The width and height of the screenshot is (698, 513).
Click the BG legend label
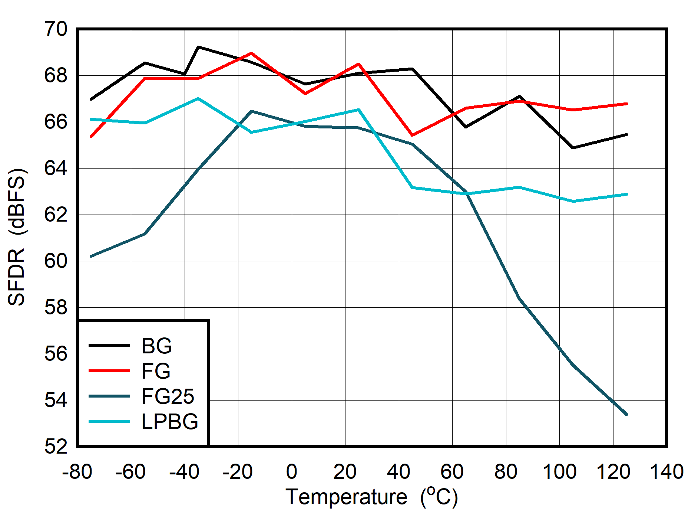[x=156, y=346]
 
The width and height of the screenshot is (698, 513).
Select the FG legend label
[x=156, y=371]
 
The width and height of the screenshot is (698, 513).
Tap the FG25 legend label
[x=168, y=396]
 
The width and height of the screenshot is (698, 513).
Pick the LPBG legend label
[x=170, y=422]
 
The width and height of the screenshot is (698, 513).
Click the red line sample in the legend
[x=109, y=371]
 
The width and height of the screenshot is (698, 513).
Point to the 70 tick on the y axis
[x=56, y=29]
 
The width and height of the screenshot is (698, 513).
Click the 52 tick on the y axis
[x=56, y=447]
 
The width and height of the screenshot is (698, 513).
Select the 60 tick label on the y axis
[x=56, y=261]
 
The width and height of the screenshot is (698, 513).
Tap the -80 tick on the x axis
[x=77, y=472]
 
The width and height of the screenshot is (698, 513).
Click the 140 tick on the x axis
[x=666, y=472]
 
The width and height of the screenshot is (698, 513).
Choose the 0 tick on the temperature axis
[x=292, y=472]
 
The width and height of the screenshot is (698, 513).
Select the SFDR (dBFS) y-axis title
[x=17, y=238]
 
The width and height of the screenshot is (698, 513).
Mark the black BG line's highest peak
[x=198, y=47]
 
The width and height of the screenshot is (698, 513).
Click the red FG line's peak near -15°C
[x=252, y=53]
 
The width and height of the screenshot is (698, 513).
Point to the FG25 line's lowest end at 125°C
[x=626, y=414]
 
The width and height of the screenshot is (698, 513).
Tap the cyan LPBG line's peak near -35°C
[x=198, y=98]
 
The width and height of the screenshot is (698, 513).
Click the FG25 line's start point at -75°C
[x=91, y=256]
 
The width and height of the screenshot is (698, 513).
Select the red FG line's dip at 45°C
[x=413, y=135]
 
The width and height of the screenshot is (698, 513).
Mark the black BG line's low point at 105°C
[x=573, y=148]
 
